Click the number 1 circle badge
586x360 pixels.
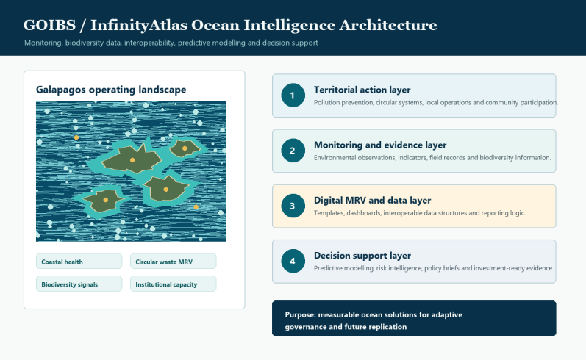293,96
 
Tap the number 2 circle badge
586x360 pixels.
293,151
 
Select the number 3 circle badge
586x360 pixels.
293,206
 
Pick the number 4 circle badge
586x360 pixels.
293,261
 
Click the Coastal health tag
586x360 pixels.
79,262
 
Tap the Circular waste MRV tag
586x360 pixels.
173,262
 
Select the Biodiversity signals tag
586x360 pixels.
79,284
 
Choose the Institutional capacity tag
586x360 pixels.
173,284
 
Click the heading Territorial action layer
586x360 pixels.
362,90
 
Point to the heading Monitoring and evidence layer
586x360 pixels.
380,145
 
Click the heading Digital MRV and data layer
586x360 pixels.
372,200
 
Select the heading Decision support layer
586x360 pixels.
362,256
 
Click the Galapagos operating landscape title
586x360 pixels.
111,90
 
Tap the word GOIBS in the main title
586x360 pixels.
49,25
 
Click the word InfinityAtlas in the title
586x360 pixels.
139,25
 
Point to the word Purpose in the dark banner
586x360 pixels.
300,314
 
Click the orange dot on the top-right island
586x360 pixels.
185,148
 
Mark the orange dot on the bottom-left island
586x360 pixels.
106,200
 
